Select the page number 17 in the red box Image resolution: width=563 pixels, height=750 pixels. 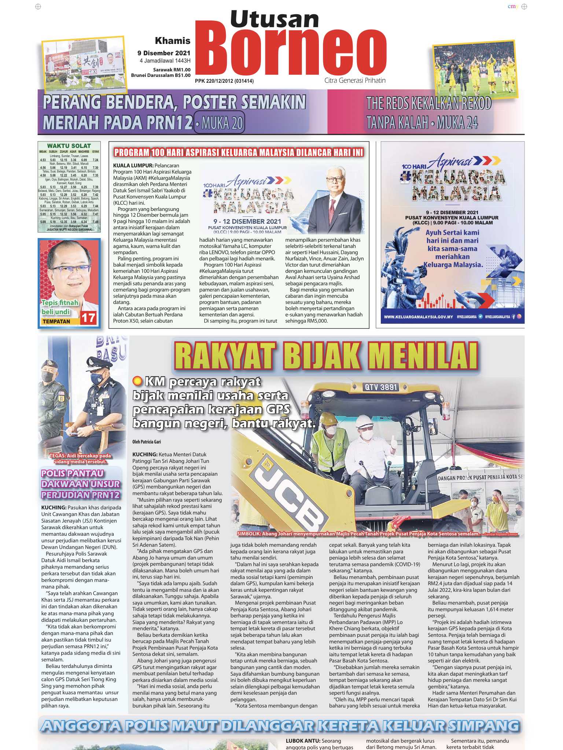[x=88, y=318]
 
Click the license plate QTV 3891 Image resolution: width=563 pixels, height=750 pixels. [x=381, y=387]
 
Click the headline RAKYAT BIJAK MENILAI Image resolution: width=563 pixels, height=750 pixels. [x=326, y=354]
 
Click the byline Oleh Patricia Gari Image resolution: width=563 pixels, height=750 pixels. [x=147, y=442]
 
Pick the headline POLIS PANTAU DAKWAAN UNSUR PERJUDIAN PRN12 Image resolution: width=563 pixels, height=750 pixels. [x=81, y=484]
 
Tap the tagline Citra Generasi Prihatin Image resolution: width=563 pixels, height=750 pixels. [x=355, y=80]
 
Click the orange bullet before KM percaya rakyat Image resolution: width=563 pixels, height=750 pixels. [x=137, y=382]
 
